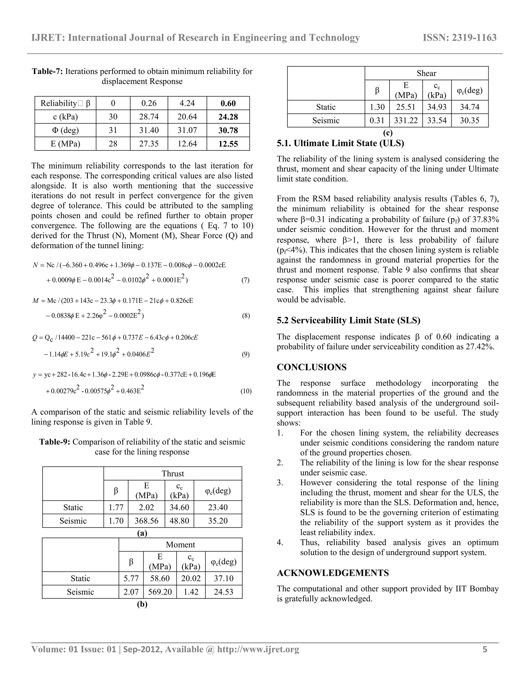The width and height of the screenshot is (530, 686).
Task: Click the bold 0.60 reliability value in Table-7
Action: coord(228,103)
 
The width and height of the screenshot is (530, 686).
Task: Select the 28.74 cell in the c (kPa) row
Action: coord(149,117)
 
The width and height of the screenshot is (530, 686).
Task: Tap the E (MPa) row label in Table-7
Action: coord(65,144)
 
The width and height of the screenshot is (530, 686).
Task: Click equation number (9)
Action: coord(246,355)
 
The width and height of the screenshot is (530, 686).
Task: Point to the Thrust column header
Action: coord(172,474)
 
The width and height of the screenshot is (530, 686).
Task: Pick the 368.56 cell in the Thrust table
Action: coord(146,521)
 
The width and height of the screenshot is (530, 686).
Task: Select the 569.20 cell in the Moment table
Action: coord(160,592)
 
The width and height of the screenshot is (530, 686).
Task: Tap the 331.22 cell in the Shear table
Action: coord(406,121)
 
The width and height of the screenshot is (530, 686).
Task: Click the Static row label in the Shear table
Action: coord(326,107)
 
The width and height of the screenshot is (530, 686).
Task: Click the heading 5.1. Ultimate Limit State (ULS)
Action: coord(340,144)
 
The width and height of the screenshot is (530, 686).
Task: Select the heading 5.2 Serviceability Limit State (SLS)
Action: coord(348,320)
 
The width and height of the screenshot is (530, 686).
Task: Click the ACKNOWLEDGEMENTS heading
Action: coord(333,573)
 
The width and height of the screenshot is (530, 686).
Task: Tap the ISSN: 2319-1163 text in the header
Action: coord(460,38)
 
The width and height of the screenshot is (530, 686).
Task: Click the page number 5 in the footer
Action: coord(485,649)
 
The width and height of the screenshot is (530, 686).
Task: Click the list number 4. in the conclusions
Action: coord(280,542)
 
